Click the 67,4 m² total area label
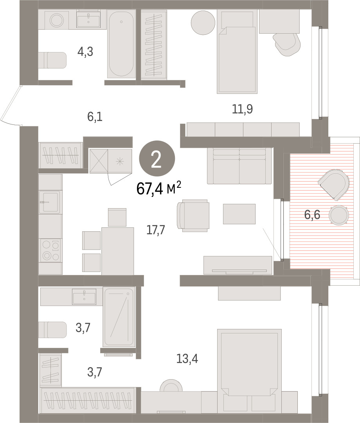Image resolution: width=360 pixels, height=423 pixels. coord(159,188)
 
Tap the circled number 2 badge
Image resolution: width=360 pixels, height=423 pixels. coord(157,158)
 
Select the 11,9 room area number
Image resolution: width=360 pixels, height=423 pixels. coord(242,109)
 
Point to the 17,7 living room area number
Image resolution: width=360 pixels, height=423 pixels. coord(156,230)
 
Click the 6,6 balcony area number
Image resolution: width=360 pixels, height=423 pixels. coord(312,215)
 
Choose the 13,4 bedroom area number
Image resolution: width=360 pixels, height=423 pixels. coord(187,358)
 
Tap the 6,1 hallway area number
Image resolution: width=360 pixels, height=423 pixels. coord(95,117)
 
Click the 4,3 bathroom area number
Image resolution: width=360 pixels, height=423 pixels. coord(85,51)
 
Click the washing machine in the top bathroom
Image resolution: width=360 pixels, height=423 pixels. coord(57,20)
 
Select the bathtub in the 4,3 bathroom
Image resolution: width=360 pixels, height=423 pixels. coord(121,44)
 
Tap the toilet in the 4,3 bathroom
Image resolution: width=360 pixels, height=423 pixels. coord(52,60)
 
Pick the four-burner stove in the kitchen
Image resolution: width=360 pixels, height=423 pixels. coord(50,250)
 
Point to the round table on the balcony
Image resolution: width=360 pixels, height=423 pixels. coord(339,215)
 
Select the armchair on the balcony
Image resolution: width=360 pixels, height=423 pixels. coord(334,185)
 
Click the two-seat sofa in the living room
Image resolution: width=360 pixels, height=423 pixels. coord(239,166)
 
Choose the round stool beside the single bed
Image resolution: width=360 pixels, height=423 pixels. coord(203,23)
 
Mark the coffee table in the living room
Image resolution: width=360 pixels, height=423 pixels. coord(239,214)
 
